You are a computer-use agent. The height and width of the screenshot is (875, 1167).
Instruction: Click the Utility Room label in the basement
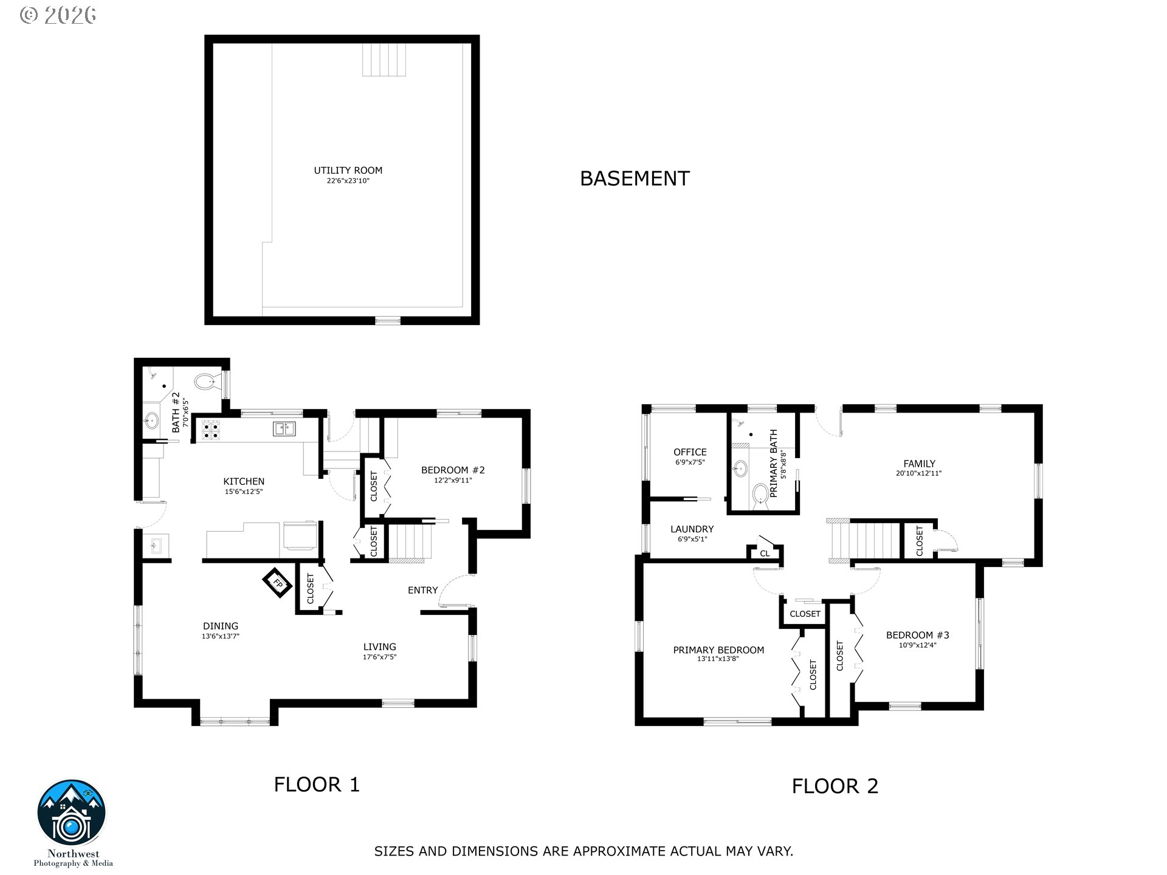tap(348, 171)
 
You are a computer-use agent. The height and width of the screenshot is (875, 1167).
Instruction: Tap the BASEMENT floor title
tap(635, 179)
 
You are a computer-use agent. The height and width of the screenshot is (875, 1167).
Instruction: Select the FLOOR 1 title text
tap(317, 784)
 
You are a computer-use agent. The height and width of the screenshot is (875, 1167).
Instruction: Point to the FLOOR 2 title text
tap(835, 786)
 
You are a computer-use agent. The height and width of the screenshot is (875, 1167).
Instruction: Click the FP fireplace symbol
tap(278, 583)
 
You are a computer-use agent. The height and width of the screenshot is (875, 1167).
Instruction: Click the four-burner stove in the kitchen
tap(210, 430)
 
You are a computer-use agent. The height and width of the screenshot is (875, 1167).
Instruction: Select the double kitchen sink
tap(283, 429)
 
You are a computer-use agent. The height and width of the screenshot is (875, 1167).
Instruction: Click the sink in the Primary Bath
tap(740, 468)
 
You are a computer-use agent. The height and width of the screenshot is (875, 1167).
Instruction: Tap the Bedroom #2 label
tap(453, 470)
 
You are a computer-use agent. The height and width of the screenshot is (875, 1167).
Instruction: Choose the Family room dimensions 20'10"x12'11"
tap(918, 473)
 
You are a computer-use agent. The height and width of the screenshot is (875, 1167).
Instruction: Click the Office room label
tap(690, 452)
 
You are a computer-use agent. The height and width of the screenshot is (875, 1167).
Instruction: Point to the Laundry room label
tap(692, 529)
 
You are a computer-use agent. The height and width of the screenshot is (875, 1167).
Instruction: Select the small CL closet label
tap(765, 554)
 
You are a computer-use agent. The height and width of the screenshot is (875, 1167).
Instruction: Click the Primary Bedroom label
tap(718, 650)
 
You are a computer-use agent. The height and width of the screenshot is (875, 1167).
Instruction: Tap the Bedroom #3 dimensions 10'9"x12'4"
tap(917, 645)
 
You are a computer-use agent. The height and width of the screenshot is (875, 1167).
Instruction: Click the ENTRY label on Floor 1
tap(422, 590)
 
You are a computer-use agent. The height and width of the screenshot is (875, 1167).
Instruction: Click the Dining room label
tap(221, 626)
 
